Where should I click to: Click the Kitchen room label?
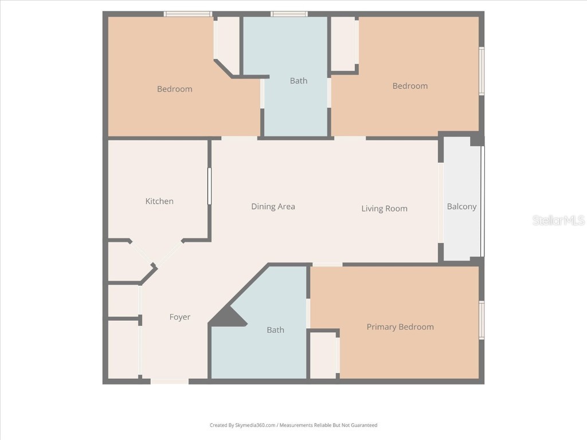point(159,201)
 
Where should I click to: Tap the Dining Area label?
point(273,206)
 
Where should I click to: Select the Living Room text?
point(384,209)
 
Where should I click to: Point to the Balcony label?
point(461,206)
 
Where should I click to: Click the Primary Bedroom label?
point(400,327)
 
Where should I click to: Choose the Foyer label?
point(179,317)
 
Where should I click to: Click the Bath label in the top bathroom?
point(298,81)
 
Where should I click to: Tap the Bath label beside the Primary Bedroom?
point(275,329)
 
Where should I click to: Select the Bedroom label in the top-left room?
point(174,89)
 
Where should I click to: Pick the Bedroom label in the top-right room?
point(410,86)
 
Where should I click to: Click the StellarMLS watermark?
point(558,220)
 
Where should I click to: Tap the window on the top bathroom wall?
point(289,14)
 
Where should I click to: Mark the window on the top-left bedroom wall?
point(187,14)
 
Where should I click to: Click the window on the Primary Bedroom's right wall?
point(482,320)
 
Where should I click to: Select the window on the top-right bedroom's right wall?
point(482,71)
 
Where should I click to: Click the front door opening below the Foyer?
point(169,381)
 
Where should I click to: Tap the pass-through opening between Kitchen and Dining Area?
point(209,186)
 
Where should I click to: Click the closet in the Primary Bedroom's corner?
point(323,355)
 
